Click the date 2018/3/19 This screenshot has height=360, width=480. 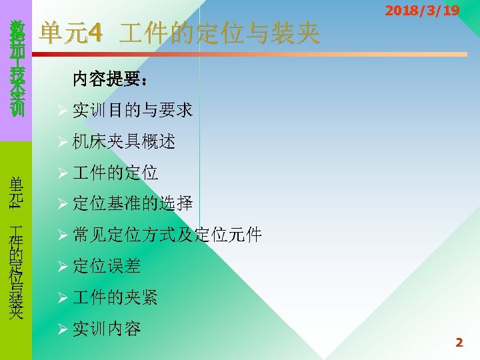(422, 11)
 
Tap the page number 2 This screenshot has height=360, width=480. (459, 343)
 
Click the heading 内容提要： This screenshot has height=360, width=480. (110, 80)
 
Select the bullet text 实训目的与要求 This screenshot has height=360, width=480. (133, 110)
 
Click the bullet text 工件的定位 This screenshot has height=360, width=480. (115, 173)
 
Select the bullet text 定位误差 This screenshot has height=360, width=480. (107, 266)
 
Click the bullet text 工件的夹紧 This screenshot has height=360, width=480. (115, 297)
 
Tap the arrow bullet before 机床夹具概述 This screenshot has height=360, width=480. (63, 142)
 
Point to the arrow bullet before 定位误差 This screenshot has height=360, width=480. (63, 267)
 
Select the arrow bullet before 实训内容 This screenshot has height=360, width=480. (63, 329)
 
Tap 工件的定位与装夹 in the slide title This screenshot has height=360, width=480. (219, 33)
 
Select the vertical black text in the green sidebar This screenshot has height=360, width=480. (17, 247)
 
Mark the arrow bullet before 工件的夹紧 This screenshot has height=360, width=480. (63, 298)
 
